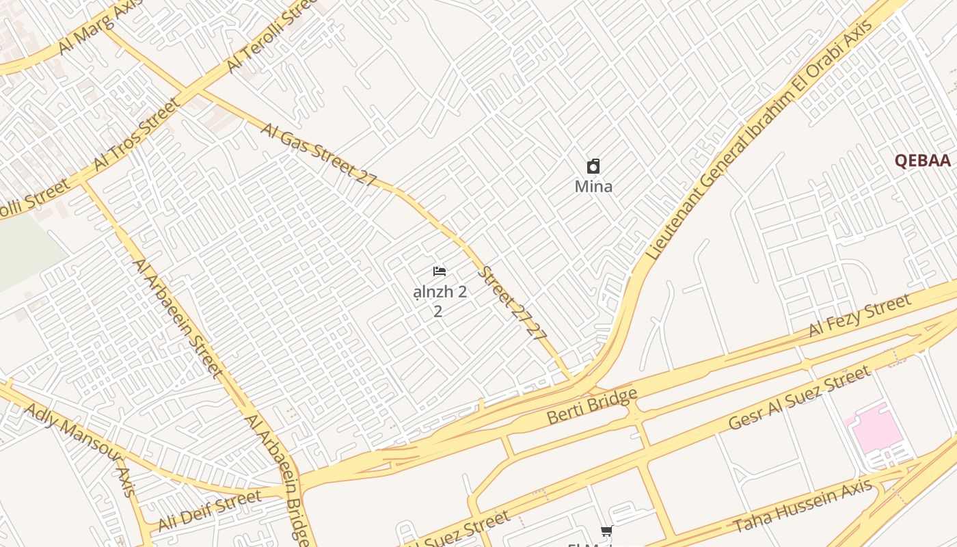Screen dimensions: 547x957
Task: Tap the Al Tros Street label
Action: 137,134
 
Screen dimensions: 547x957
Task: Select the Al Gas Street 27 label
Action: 318,155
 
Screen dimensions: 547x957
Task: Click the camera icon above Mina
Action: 593,166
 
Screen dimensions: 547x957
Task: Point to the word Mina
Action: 593,186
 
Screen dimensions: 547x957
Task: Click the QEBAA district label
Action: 923,161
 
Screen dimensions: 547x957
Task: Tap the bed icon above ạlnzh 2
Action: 440,271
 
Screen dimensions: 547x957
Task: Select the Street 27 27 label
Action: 513,303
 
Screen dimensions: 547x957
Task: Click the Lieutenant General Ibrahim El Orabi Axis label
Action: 759,140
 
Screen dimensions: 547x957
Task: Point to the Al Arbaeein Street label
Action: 178,317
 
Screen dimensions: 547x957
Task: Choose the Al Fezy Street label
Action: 859,315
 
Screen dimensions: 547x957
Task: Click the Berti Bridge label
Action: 592,406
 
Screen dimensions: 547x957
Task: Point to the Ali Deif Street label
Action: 210,510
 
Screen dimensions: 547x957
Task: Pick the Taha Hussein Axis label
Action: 803,506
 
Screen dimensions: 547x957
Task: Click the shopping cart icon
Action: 606,531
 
